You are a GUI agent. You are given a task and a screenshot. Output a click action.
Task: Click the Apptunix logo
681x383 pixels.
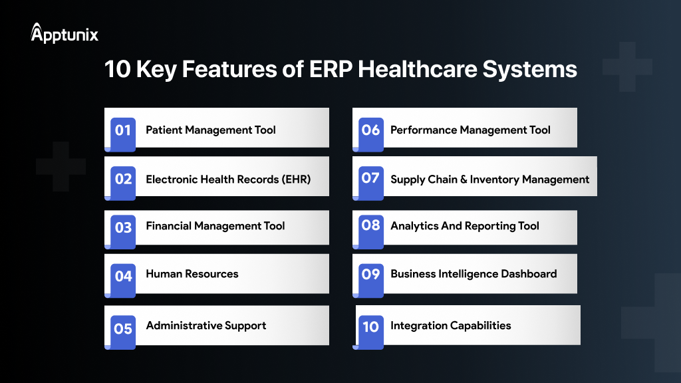click(x=65, y=34)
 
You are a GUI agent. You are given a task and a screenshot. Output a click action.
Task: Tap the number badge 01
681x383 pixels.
click(x=123, y=131)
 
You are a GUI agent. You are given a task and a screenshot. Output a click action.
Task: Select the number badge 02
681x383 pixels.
click(x=123, y=180)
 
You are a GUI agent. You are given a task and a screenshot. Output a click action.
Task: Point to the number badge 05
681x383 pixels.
click(x=123, y=328)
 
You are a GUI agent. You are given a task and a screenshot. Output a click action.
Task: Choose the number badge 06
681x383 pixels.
click(x=370, y=131)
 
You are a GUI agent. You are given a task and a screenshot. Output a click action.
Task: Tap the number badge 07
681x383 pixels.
click(x=370, y=179)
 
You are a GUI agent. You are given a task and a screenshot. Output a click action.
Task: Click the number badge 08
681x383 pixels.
click(x=370, y=226)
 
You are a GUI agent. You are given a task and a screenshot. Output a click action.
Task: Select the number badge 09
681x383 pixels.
click(x=370, y=274)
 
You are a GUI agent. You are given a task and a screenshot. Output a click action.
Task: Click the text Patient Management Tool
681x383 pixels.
click(x=210, y=130)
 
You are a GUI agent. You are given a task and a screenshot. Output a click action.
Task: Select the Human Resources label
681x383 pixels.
click(x=192, y=274)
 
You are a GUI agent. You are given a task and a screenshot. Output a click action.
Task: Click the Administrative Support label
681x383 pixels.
click(x=206, y=326)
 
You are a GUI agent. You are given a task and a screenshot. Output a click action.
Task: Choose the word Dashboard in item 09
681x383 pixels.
click(x=526, y=274)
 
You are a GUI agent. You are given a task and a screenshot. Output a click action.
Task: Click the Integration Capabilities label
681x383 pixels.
click(x=450, y=326)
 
